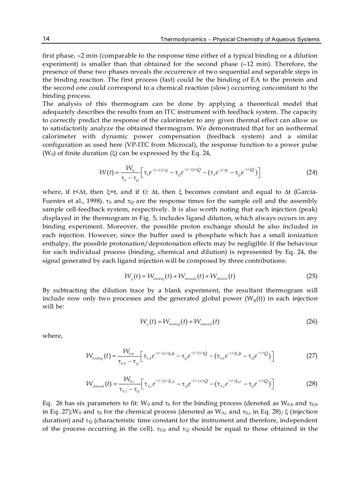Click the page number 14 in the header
45,39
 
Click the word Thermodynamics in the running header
180,39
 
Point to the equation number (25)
311,276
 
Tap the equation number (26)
311,321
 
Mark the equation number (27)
311,356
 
